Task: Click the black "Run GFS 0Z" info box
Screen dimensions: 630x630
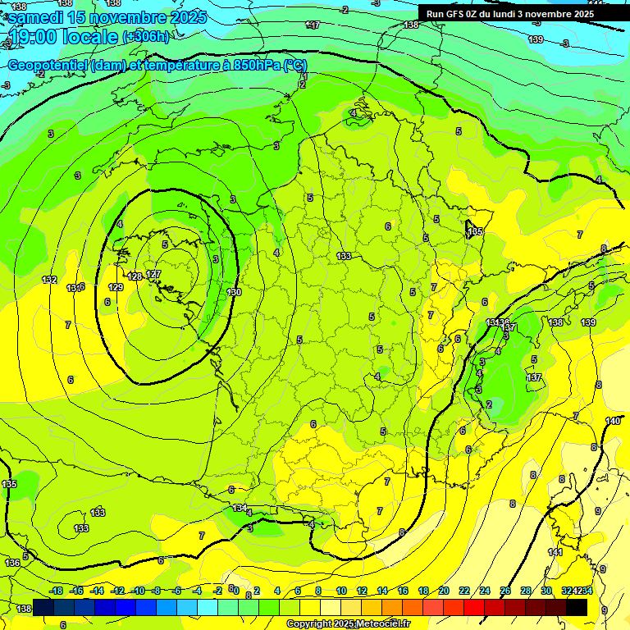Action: tap(509, 14)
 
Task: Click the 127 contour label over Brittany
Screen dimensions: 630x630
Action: tap(153, 275)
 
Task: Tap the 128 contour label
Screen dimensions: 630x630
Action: tap(135, 276)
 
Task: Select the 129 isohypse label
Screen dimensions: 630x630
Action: tap(116, 287)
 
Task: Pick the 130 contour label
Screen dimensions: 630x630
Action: tap(234, 292)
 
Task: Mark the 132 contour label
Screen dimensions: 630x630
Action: tap(49, 280)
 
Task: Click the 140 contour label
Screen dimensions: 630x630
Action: tap(613, 421)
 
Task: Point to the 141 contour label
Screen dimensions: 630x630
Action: tap(555, 553)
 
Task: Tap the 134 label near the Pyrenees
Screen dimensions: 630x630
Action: tap(239, 509)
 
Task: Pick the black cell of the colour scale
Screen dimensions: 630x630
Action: tap(576, 607)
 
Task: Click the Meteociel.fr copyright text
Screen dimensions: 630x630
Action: tap(348, 624)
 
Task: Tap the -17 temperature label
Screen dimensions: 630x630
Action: tap(313, 25)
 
